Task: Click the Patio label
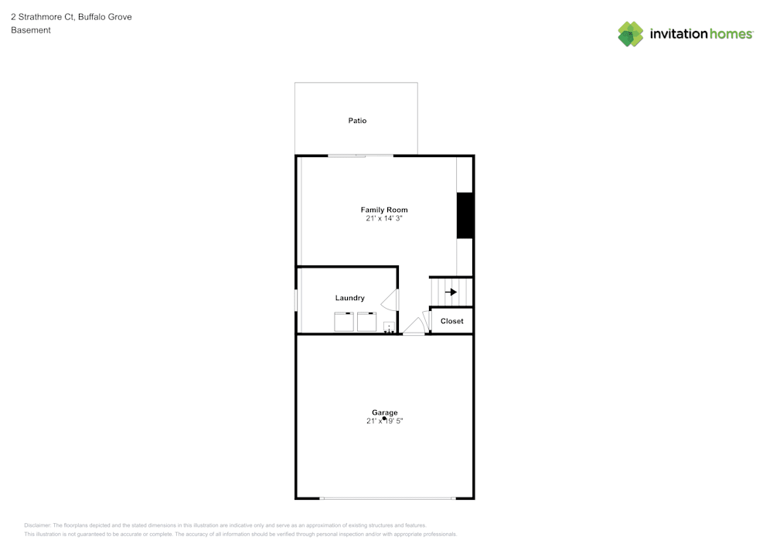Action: tap(357, 121)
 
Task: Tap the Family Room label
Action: tap(384, 210)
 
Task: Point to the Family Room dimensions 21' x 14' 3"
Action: tap(384, 219)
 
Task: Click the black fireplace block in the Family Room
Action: tap(465, 216)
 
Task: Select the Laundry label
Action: tap(349, 298)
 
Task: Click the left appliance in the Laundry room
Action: tap(342, 321)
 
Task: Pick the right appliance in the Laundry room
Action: tap(366, 321)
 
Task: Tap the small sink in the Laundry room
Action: tap(389, 326)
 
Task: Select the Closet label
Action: tap(452, 321)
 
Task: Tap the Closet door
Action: tap(426, 320)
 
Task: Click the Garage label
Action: tap(384, 412)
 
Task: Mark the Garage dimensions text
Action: tap(385, 422)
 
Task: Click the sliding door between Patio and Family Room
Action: tap(360, 156)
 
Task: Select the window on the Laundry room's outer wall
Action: tap(296, 300)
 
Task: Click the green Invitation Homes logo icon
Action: tap(631, 34)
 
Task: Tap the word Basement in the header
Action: tap(31, 30)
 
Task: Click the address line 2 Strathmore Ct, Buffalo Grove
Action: tap(71, 16)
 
